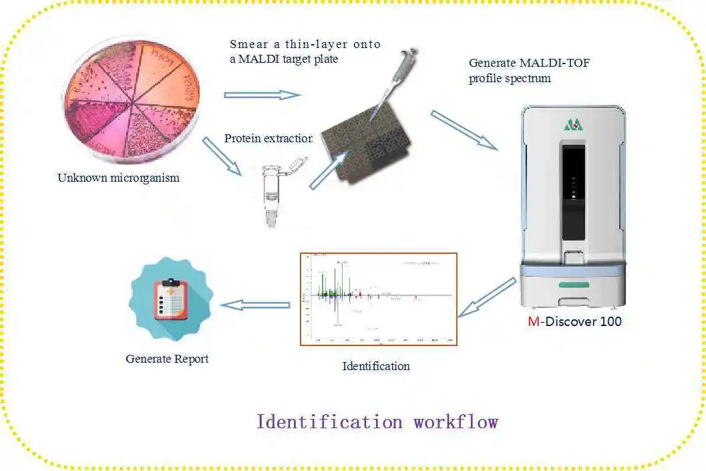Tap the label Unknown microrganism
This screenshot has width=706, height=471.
tap(118, 178)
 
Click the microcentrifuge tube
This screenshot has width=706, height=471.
tap(273, 194)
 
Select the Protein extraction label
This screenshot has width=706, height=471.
tap(268, 138)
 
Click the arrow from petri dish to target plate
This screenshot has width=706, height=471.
tap(262, 95)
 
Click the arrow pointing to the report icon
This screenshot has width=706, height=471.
tap(255, 305)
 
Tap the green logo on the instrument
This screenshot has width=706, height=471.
tap(572, 124)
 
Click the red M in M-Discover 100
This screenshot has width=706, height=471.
tap(533, 321)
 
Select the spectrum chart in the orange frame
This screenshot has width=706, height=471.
tap(379, 298)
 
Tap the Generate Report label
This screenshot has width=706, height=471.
tap(167, 359)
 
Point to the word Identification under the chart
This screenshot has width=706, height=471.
tap(376, 366)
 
